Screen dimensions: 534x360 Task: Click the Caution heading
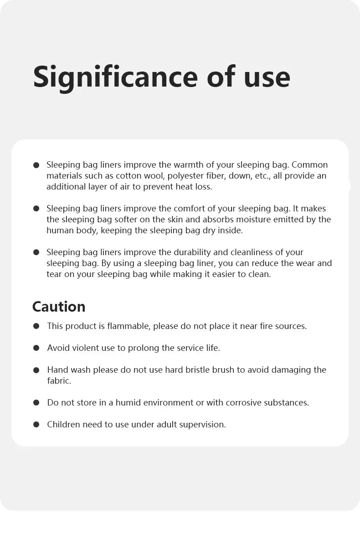tap(59, 307)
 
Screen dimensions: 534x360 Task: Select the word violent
tap(87, 348)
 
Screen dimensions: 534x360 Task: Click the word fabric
tap(59, 381)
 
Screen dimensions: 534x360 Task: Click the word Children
tap(63, 425)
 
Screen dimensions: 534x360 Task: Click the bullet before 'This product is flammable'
tap(36, 326)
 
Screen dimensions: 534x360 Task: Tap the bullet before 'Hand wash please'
tap(36, 370)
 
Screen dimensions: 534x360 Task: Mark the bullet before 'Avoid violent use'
tap(36, 348)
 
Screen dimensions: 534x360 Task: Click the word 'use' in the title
tap(267, 77)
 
